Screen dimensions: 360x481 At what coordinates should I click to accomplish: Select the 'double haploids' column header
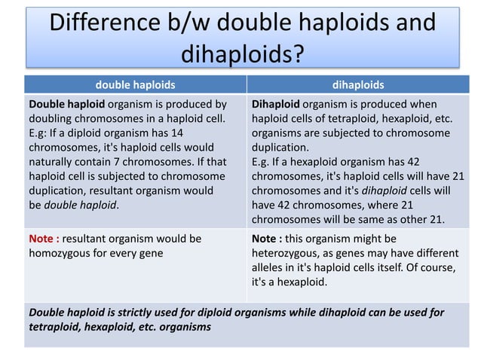coord(136,85)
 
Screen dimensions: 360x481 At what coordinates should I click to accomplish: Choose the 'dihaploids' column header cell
coord(359,85)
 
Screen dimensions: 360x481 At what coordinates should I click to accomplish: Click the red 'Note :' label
coord(44,239)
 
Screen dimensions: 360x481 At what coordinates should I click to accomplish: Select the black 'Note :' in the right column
coord(267,239)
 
